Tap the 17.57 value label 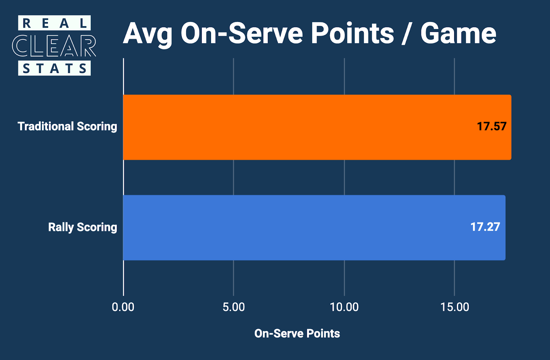click(492, 127)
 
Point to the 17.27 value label click(485, 227)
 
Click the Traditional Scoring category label click(67, 127)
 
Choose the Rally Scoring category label click(82, 227)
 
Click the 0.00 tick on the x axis click(123, 307)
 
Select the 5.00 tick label click(234, 307)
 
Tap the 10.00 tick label click(344, 307)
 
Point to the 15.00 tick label click(455, 307)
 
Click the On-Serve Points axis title click(297, 334)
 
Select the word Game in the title click(458, 34)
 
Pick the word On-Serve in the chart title click(242, 34)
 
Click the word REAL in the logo click(54, 23)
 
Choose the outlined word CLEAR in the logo click(54, 46)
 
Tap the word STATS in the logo click(54, 68)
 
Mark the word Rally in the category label click(61, 227)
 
